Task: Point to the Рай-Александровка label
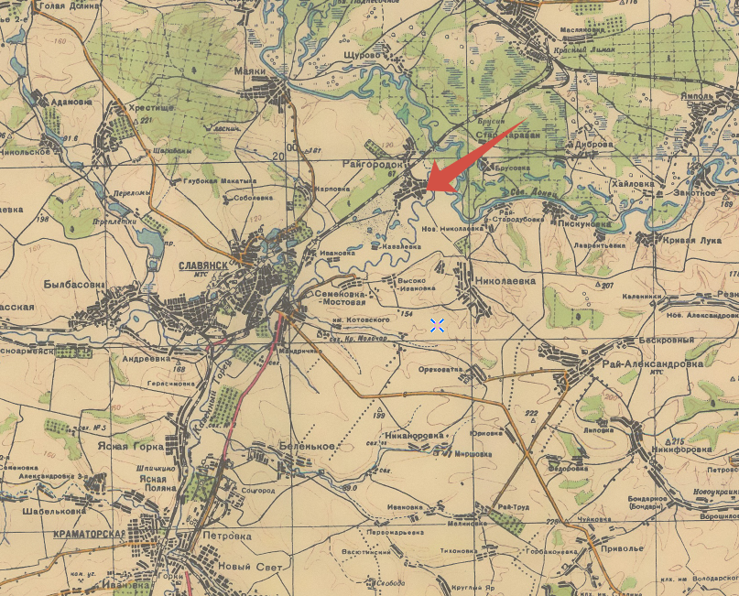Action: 652,363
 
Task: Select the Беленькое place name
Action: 304,446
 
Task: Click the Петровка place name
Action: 227,536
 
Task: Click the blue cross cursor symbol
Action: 437,325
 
